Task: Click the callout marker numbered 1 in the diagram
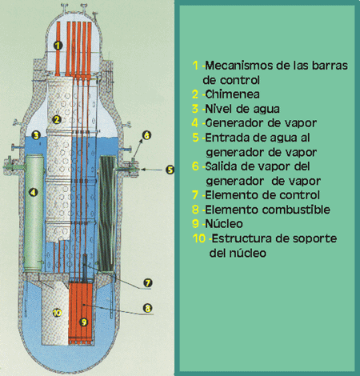(x=58, y=46)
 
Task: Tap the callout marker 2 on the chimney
(x=57, y=120)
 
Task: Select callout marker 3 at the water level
(x=36, y=135)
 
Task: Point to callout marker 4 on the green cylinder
(x=33, y=192)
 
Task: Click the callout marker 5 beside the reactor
(x=170, y=170)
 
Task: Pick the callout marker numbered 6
(x=146, y=135)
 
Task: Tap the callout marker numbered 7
(x=147, y=282)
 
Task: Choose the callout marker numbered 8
(x=147, y=308)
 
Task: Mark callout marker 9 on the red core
(x=84, y=322)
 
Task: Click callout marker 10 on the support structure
(x=57, y=313)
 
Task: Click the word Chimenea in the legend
(x=232, y=94)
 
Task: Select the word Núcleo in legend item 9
(x=224, y=224)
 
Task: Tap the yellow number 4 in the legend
(x=195, y=123)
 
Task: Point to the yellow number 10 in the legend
(x=199, y=238)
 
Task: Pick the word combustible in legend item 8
(x=296, y=210)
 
